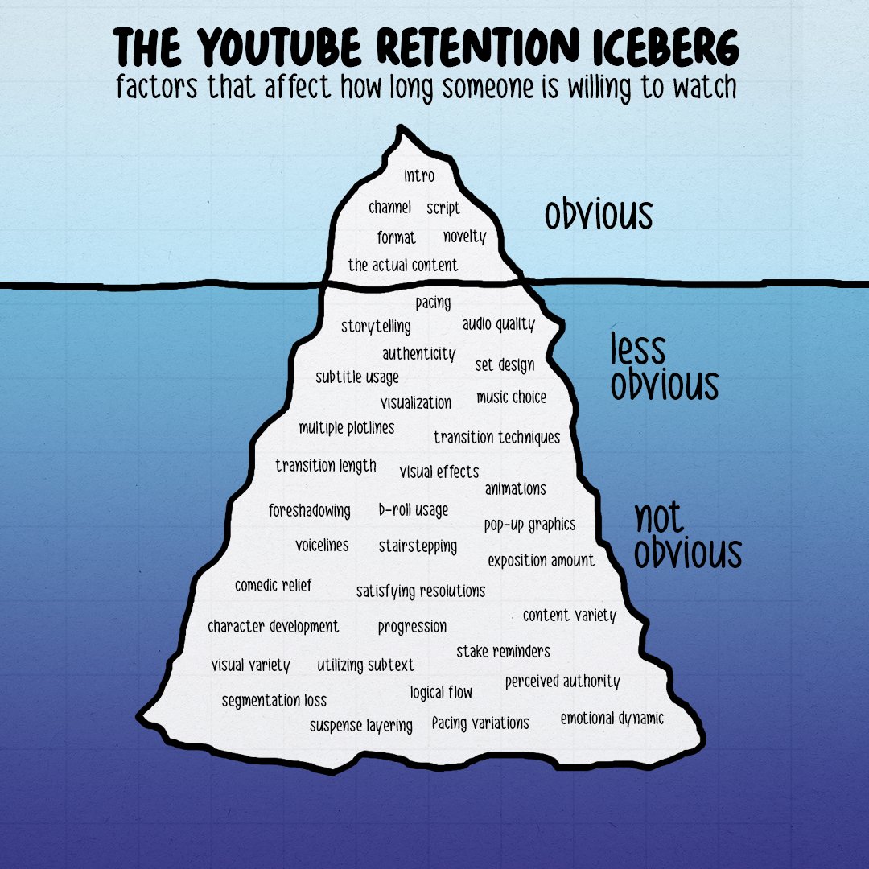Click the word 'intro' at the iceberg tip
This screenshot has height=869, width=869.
point(419,175)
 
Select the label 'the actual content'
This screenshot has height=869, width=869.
point(402,265)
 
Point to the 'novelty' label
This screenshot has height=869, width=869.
point(464,237)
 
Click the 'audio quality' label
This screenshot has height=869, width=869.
point(498,324)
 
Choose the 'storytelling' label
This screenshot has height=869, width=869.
point(376,326)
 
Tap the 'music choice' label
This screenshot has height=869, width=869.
point(511,397)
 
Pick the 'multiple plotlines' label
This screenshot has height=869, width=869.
point(347,428)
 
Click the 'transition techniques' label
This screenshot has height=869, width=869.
point(496,438)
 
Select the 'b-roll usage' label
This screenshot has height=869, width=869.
point(414,510)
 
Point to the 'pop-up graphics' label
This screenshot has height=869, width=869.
point(529,525)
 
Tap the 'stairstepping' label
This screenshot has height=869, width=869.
point(418,546)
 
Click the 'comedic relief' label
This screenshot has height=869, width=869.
point(274,586)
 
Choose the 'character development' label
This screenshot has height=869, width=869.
point(274,626)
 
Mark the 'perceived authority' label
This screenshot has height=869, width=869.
point(562,682)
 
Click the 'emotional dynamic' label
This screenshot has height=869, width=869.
point(612,719)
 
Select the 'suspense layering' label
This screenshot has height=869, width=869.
point(361,725)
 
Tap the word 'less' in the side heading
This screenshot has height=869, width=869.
point(638,349)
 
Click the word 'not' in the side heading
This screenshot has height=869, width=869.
point(659,518)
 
